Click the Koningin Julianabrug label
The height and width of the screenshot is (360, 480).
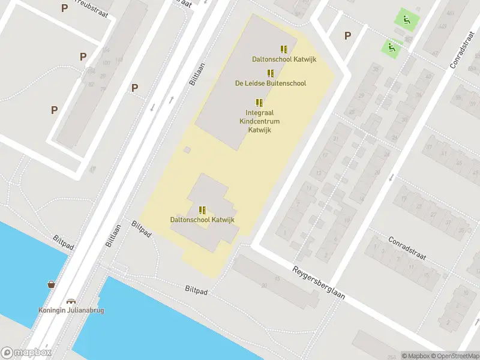(x=71, y=311)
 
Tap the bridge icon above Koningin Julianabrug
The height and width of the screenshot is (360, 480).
(x=71, y=302)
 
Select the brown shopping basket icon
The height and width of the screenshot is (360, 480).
(x=52, y=284)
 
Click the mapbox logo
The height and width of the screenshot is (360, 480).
(x=26, y=353)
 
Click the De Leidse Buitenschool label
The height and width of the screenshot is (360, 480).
(x=271, y=83)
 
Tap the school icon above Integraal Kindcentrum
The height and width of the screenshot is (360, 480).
(x=259, y=103)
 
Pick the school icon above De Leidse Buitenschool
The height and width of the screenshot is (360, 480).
(x=271, y=73)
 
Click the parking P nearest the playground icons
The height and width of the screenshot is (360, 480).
(x=347, y=35)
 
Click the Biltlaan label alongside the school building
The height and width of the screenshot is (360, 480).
(x=197, y=74)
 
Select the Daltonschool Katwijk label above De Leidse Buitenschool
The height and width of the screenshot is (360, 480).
(x=284, y=59)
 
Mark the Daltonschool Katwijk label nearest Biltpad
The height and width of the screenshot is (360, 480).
(x=202, y=220)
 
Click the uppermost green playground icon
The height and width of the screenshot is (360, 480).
(x=407, y=19)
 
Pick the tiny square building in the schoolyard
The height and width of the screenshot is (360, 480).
(x=187, y=149)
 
